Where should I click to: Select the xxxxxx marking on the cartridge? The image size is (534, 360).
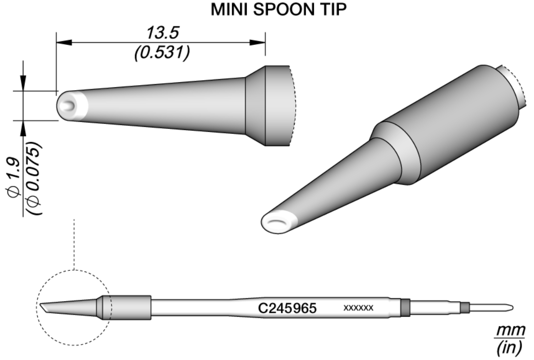(358, 308)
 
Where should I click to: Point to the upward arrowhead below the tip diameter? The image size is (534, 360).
(23, 127)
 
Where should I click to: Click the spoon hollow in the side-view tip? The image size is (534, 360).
(70, 106)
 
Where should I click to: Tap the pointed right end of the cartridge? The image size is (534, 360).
(511, 307)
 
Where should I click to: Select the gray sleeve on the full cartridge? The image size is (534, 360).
(126, 308)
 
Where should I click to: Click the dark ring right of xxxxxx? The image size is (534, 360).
(405, 308)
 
